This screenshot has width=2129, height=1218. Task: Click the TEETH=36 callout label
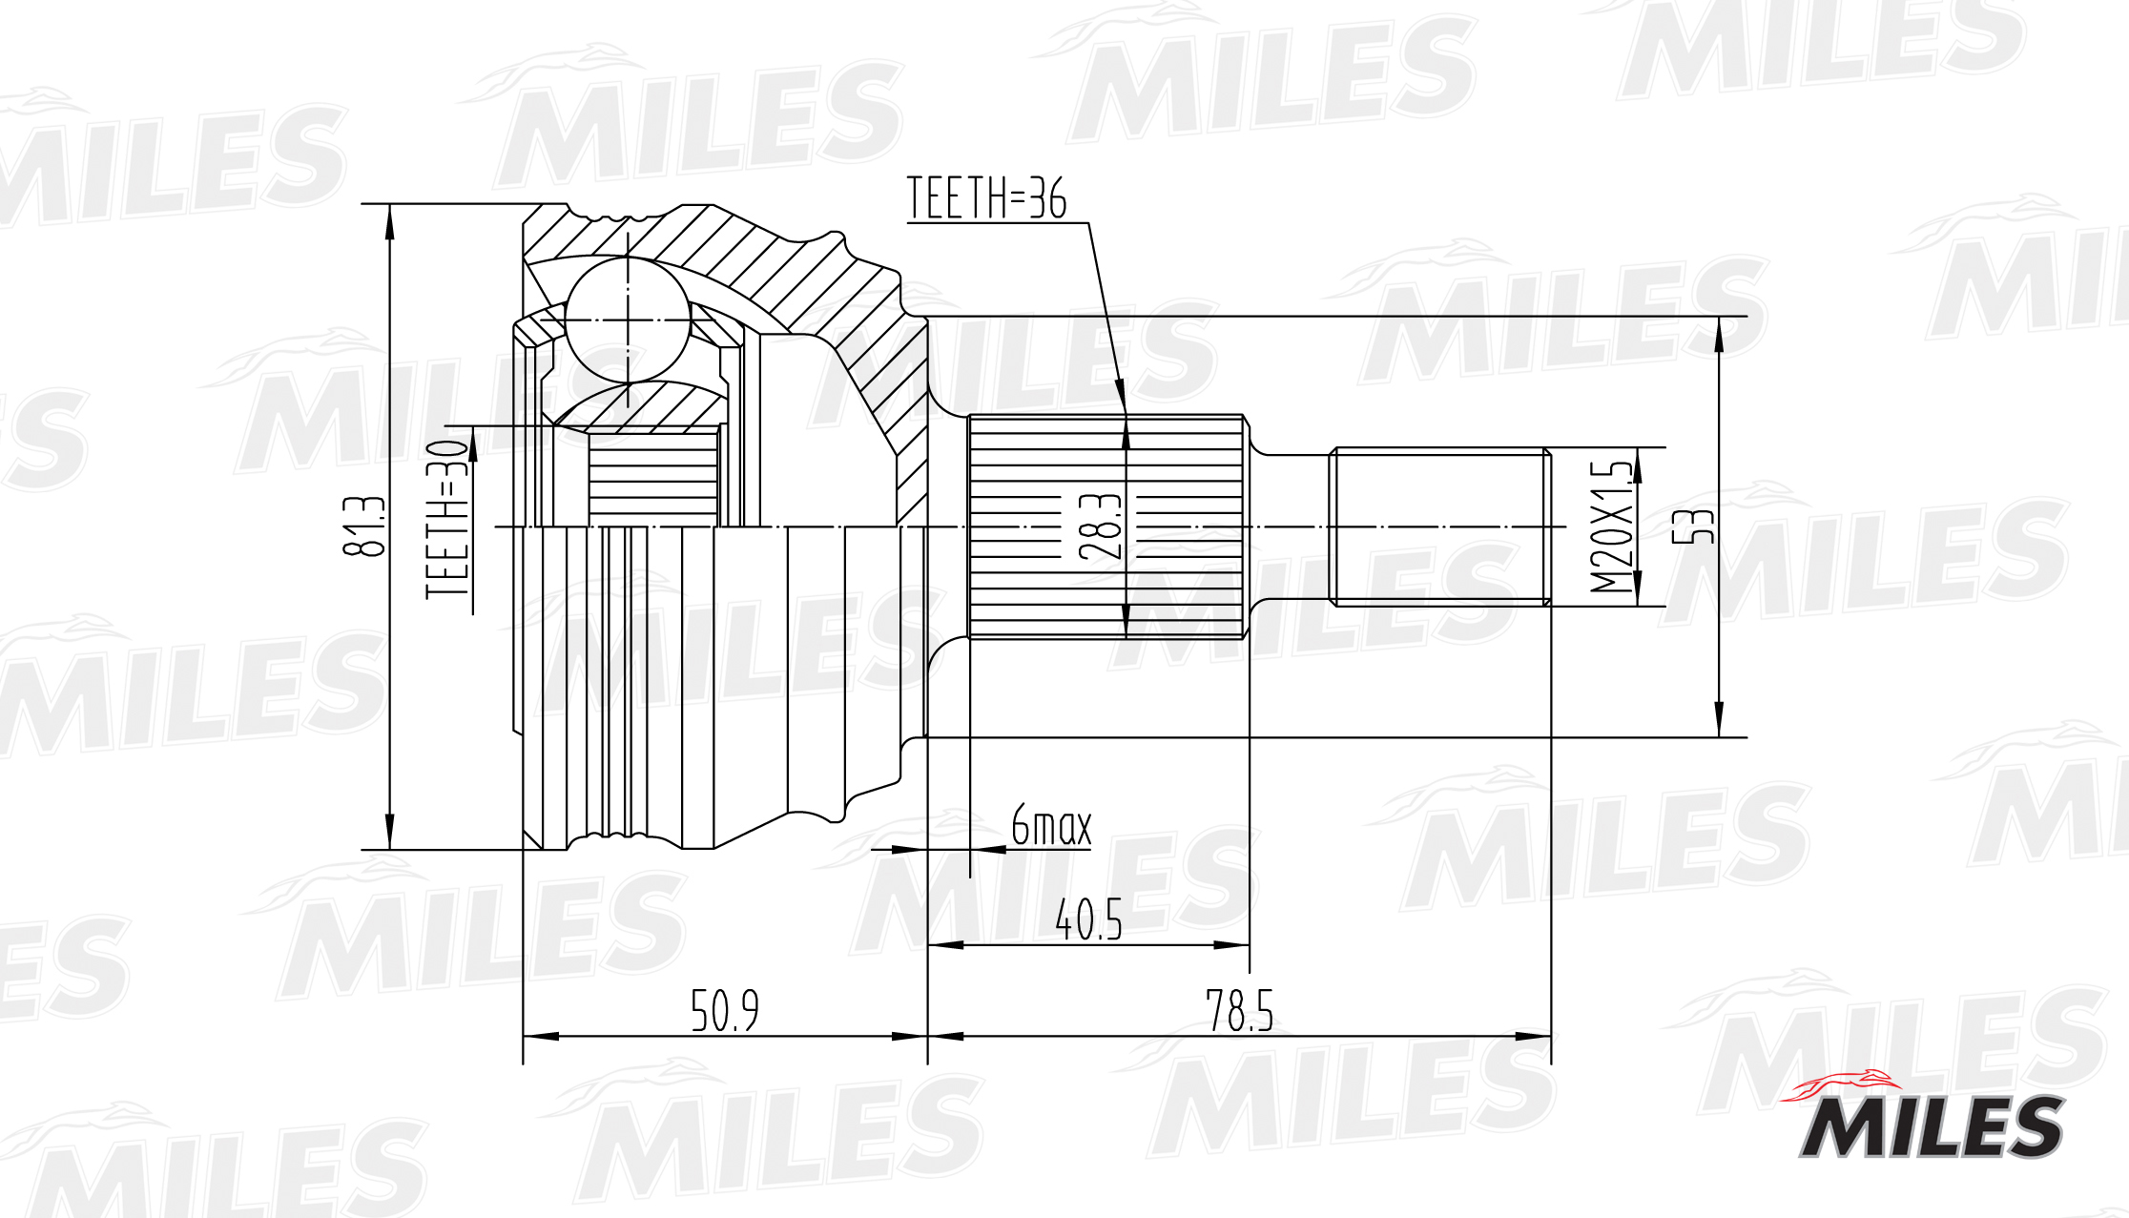pyautogui.click(x=986, y=197)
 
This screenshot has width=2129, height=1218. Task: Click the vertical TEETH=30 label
pyautogui.click(x=447, y=520)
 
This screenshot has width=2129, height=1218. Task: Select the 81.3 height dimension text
pyautogui.click(x=363, y=526)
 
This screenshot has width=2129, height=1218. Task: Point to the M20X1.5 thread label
pyautogui.click(x=1610, y=526)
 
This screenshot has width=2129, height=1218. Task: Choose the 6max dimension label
pyautogui.click(x=1050, y=825)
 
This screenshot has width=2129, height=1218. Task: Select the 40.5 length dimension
pyautogui.click(x=1087, y=919)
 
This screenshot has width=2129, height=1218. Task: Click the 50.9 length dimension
pyautogui.click(x=724, y=1010)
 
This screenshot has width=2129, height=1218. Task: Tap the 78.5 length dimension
pyautogui.click(x=1239, y=1010)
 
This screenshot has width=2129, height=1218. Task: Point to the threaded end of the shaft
pyautogui.click(x=1438, y=526)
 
